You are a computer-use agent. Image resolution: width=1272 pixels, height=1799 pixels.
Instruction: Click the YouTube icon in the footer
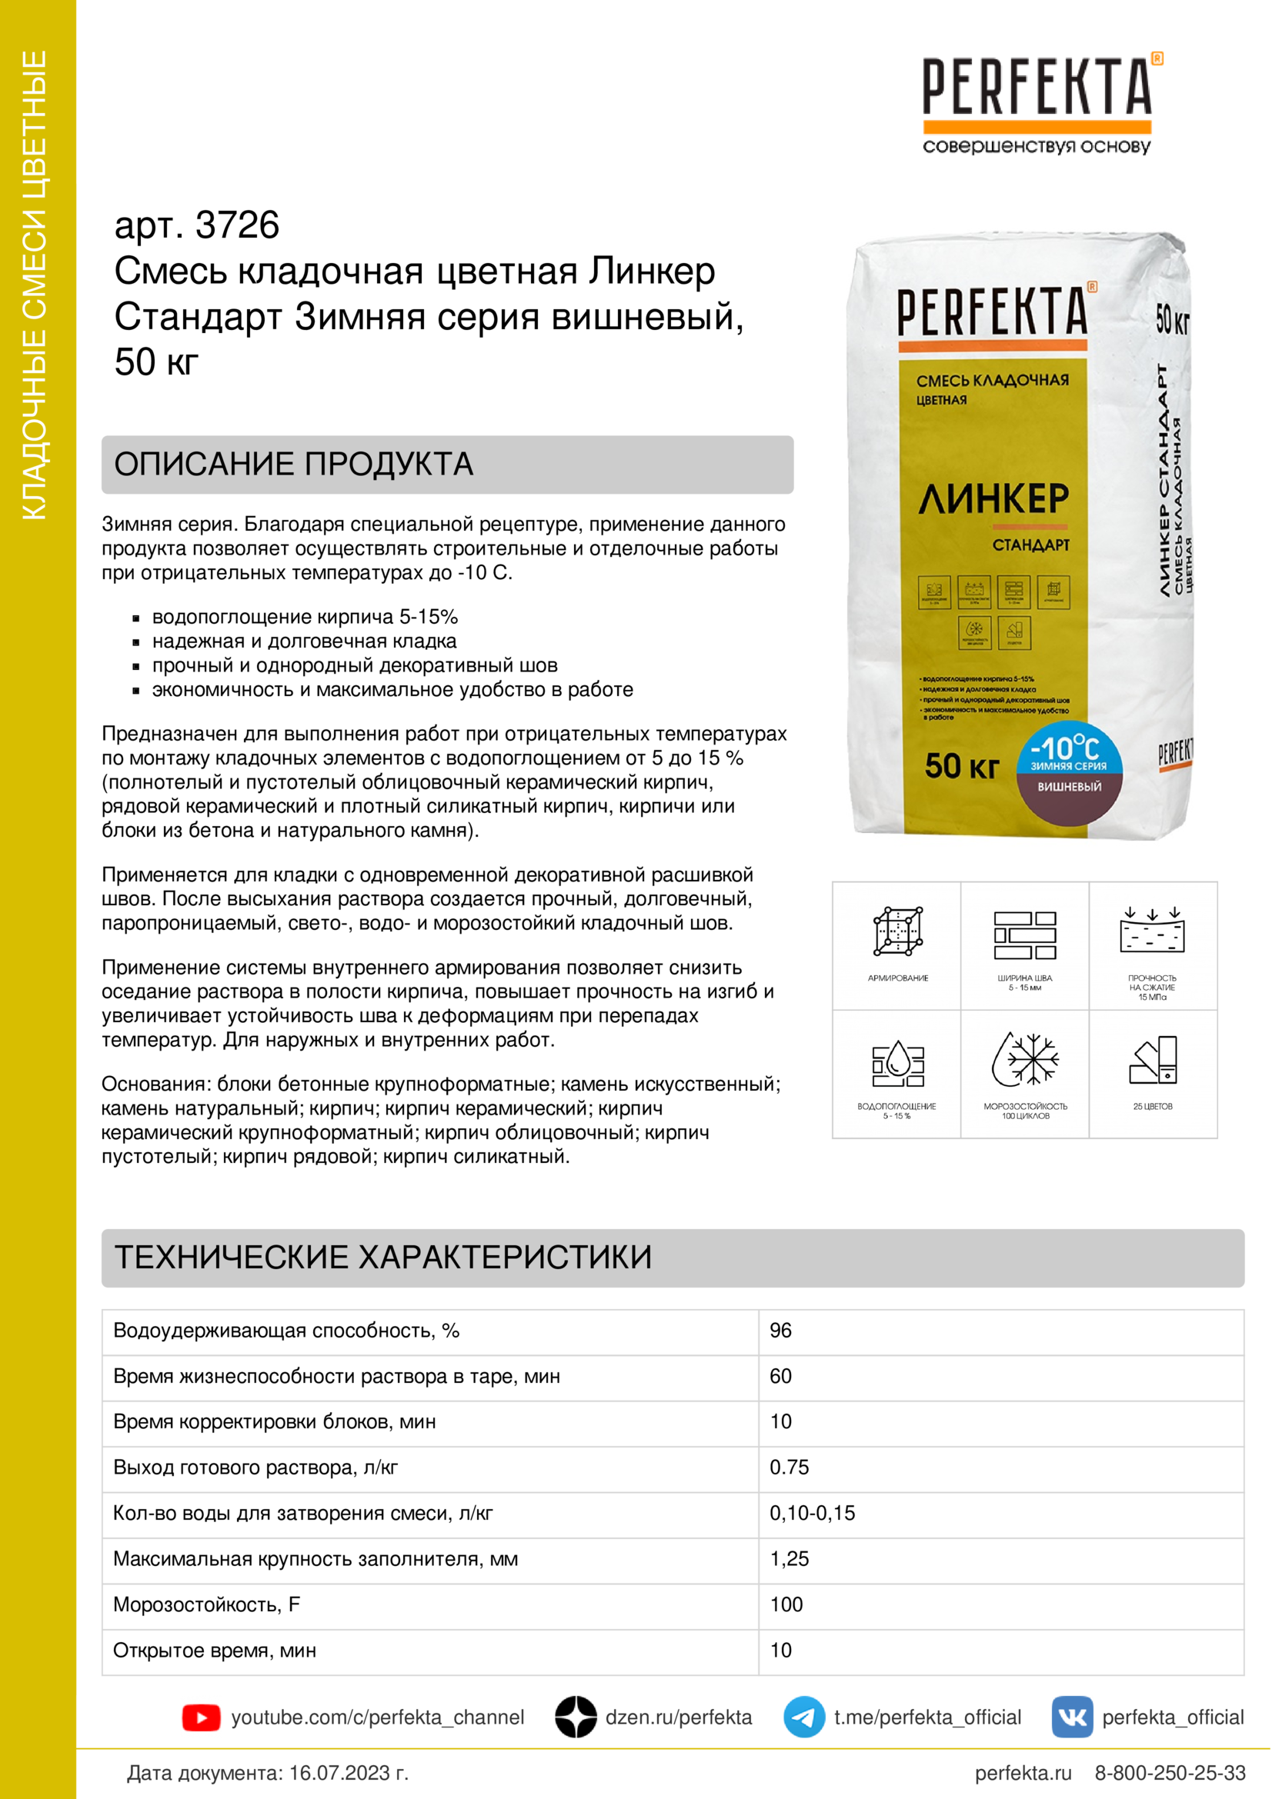coord(201,1717)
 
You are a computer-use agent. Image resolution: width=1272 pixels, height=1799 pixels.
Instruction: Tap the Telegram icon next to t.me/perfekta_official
coord(803,1717)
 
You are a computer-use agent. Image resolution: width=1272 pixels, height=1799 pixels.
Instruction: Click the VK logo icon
coord(1071,1717)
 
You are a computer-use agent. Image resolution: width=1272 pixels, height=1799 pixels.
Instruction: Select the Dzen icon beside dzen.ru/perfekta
coord(576,1717)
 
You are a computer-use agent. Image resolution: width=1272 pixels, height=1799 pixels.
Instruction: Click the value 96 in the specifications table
coord(780,1331)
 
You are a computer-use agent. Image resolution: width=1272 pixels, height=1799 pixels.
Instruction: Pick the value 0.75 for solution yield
coord(789,1467)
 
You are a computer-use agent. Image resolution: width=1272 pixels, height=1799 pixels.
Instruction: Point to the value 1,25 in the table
coord(789,1558)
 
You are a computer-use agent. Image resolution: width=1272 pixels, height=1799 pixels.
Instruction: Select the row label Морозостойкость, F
coord(206,1604)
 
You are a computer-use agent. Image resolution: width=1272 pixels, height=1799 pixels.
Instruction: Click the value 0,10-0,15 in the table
coord(812,1513)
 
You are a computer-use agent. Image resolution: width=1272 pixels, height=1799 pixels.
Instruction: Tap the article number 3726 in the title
coord(237,225)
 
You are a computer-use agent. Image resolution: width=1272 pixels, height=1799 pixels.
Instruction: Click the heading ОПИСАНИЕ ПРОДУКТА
coord(294,464)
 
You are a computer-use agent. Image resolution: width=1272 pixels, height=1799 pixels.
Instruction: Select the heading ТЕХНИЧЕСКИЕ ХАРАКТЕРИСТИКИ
coord(383,1257)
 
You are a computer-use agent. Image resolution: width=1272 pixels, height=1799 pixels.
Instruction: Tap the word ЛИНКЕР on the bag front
coord(993,499)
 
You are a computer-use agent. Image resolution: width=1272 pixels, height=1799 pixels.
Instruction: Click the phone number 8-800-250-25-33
coord(1170,1772)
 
